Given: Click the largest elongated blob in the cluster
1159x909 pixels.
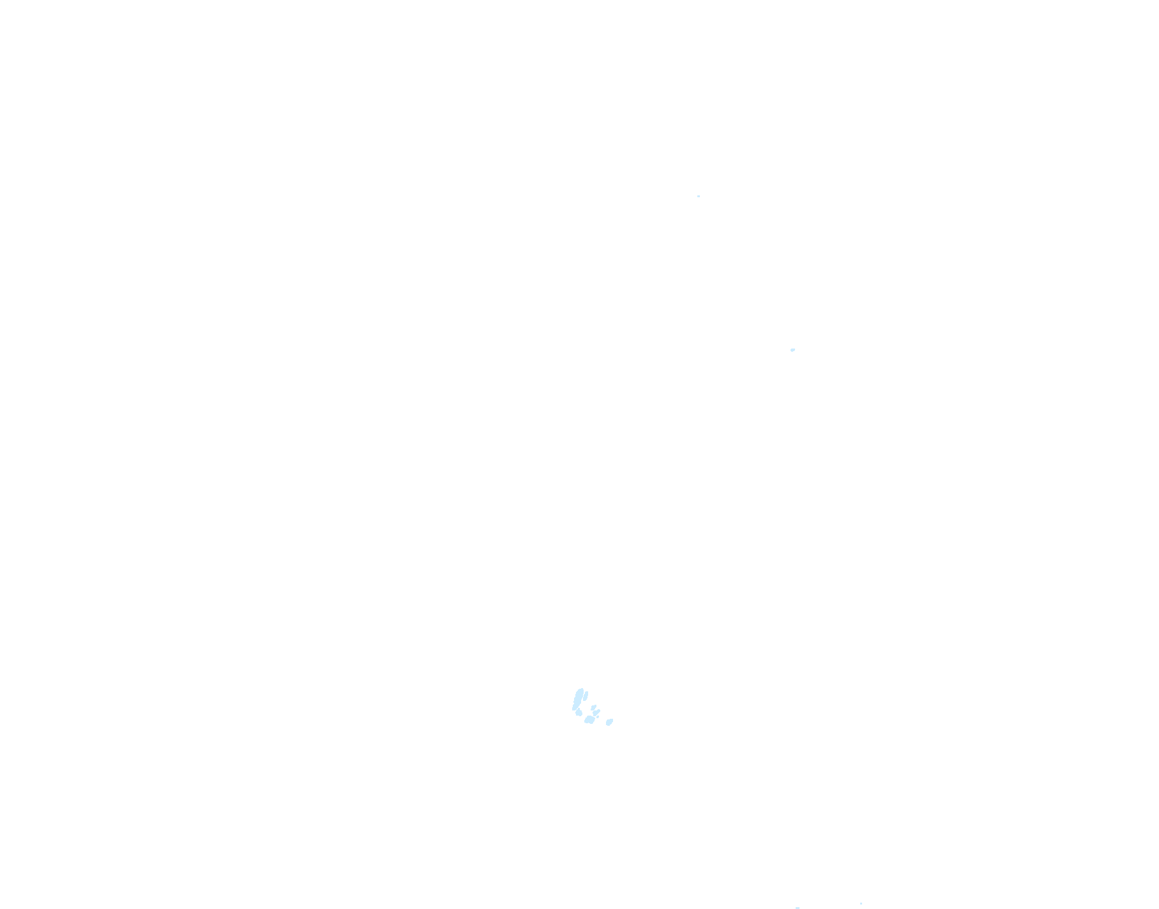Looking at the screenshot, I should coord(578,699).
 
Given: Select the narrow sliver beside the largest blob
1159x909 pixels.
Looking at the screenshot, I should coord(586,696).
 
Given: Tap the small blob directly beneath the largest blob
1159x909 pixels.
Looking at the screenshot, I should coord(579,712).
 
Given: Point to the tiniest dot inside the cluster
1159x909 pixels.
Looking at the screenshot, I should coord(598,717).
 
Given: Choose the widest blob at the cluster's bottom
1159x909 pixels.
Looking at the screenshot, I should coord(590,719).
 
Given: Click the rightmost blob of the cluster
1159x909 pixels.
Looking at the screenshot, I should coord(609,722).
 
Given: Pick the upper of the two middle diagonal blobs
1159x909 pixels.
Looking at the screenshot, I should coord(594,708).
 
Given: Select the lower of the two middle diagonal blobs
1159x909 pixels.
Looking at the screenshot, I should coord(596,713).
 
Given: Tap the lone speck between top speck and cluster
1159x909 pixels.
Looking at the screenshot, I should coord(792,350).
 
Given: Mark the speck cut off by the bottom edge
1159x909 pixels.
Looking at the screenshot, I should coord(798,907).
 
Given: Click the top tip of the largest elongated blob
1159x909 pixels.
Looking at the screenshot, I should coord(582,689).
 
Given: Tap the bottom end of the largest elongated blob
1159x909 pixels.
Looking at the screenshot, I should coord(573,709).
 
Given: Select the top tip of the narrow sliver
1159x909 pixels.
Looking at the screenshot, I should coord(587,692).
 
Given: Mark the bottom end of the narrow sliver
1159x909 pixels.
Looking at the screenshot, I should coord(584,700).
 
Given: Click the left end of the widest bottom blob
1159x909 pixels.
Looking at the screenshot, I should coord(585,721).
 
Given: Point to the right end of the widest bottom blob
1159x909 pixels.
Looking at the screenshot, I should coord(595,718).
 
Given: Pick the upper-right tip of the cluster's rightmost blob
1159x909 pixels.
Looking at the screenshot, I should coord(612,719).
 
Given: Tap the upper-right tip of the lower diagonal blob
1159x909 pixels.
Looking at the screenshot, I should coord(599,710).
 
